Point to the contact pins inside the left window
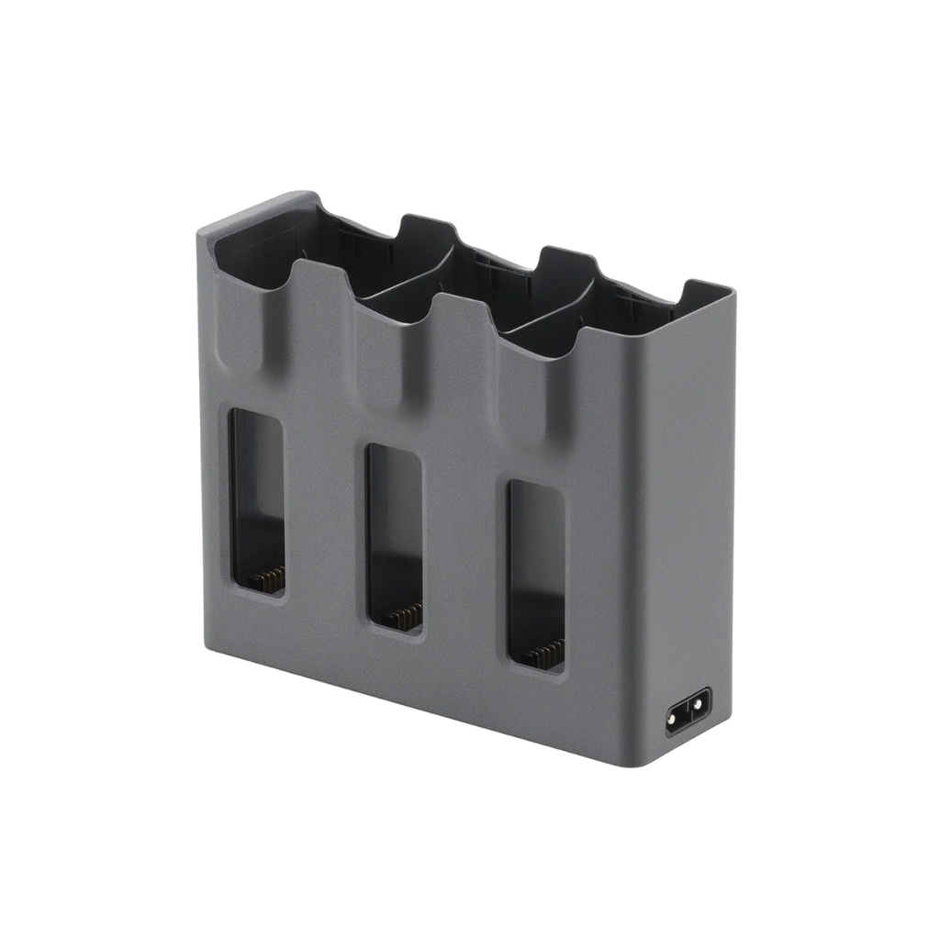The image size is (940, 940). pos(267,578)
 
